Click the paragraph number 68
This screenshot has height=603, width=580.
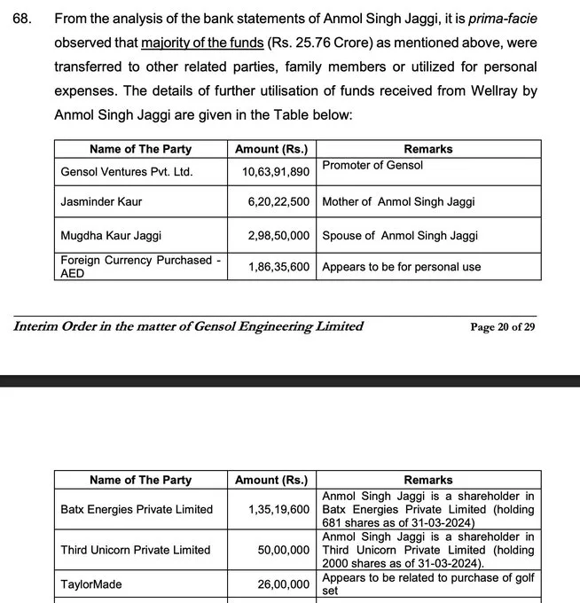(20, 19)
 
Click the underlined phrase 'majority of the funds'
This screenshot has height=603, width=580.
(200, 43)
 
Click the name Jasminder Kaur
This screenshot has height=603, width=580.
(100, 201)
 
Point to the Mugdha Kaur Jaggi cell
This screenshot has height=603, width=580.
(111, 235)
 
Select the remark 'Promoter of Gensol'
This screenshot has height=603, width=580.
(372, 165)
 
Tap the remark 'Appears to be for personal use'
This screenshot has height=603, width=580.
(401, 266)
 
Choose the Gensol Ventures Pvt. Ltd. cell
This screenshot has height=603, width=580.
(126, 171)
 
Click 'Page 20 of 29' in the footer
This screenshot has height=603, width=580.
(503, 327)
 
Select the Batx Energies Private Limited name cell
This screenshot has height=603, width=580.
(137, 509)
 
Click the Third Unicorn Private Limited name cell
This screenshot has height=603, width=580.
(135, 550)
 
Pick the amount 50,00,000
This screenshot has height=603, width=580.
(285, 550)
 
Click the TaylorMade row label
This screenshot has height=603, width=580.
(91, 584)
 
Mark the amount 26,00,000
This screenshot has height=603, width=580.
(285, 584)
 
